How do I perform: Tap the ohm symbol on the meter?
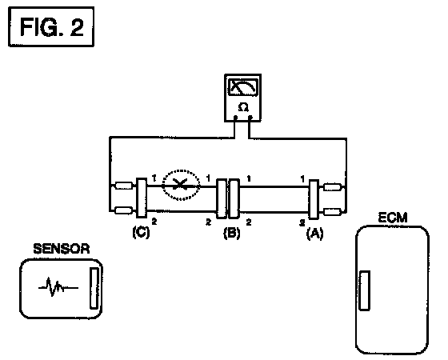[x=243, y=107]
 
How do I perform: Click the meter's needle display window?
[x=243, y=87]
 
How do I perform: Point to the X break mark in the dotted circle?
[x=180, y=184]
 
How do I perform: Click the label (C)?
[x=141, y=232]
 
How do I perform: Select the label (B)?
[x=232, y=233]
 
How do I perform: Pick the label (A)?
[x=315, y=234]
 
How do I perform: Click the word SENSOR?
[x=62, y=249]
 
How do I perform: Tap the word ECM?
[x=393, y=218]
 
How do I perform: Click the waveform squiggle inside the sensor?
[x=58, y=287]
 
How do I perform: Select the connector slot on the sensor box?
[x=94, y=288]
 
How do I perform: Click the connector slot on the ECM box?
[x=365, y=290]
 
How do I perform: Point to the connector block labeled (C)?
[x=142, y=198]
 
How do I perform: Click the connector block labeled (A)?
[x=314, y=199]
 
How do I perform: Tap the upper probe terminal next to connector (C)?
[x=123, y=186]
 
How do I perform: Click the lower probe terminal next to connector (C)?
[x=123, y=210]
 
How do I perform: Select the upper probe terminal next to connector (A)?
[x=332, y=187]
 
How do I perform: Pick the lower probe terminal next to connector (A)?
[x=332, y=212]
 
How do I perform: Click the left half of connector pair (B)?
[x=222, y=199]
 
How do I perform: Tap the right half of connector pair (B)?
[x=234, y=199]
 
